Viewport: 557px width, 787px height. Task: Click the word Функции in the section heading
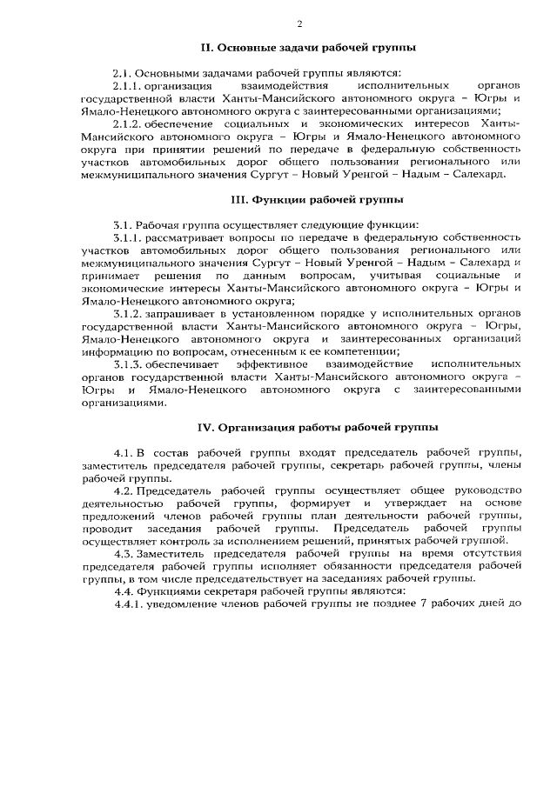(x=282, y=199)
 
